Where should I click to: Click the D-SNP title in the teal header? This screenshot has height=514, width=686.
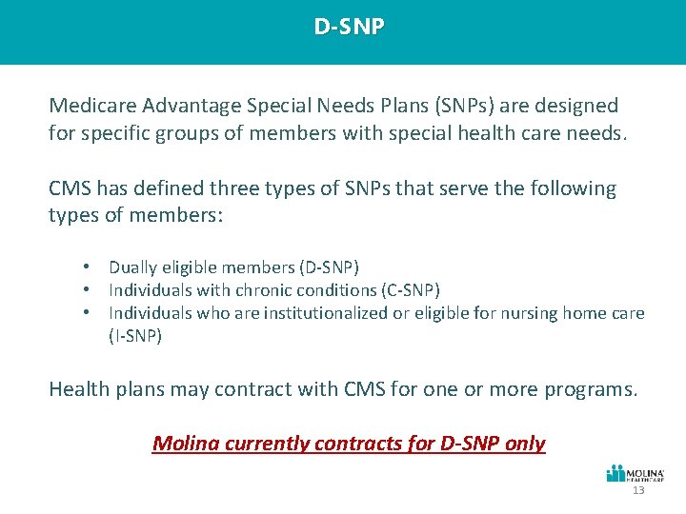[x=350, y=27]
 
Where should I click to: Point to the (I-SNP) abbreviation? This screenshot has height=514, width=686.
[x=135, y=336]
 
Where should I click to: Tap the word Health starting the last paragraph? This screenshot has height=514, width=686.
[x=79, y=389]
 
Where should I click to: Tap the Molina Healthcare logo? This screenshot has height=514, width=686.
[x=636, y=474]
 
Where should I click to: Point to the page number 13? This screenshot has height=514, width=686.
[x=637, y=490]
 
